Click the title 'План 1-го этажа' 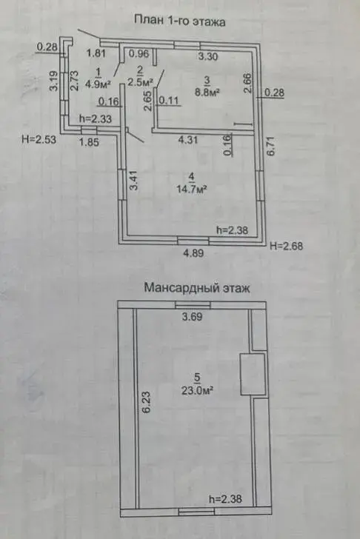pyautogui.click(x=179, y=21)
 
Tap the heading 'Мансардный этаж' pyautogui.click(x=197, y=287)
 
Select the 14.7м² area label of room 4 pyautogui.click(x=192, y=189)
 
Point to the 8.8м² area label pyautogui.click(x=207, y=92)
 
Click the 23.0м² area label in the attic pyautogui.click(x=197, y=390)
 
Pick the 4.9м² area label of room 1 pyautogui.click(x=98, y=84)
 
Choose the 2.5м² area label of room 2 pyautogui.click(x=139, y=83)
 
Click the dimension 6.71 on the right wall pyautogui.click(x=271, y=147)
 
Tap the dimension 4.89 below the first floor pyautogui.click(x=194, y=253)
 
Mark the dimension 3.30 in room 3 pyautogui.click(x=208, y=56)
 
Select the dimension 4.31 pyautogui.click(x=187, y=140)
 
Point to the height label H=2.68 pyautogui.click(x=287, y=246)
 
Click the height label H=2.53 pyautogui.click(x=39, y=139)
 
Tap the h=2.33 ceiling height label pyautogui.click(x=96, y=119)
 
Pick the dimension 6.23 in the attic pyautogui.click(x=146, y=402)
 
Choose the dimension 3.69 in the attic pyautogui.click(x=192, y=317)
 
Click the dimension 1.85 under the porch pyautogui.click(x=89, y=142)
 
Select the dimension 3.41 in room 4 pyautogui.click(x=134, y=181)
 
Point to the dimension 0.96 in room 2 pyautogui.click(x=139, y=53)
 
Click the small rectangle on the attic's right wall pyautogui.click(x=253, y=374)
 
